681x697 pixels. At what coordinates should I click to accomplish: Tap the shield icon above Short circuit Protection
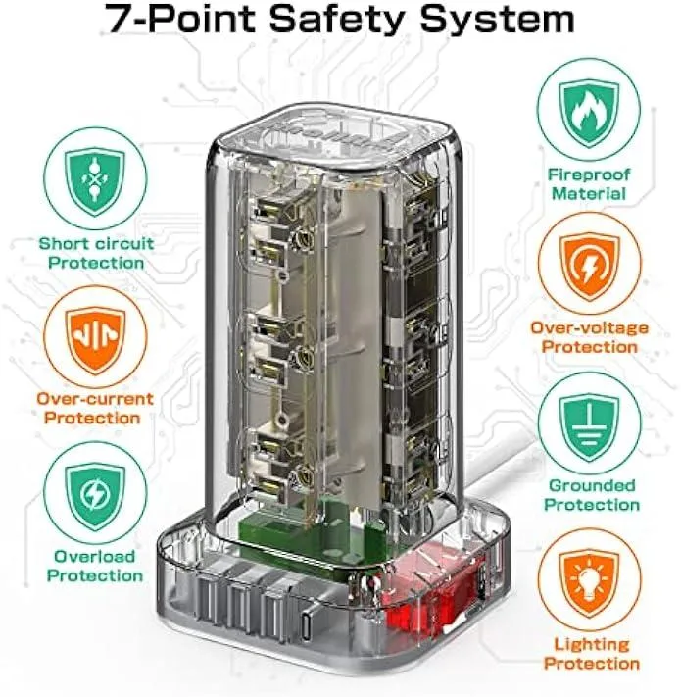click(x=95, y=181)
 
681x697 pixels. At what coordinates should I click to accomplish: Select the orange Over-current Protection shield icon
click(x=95, y=340)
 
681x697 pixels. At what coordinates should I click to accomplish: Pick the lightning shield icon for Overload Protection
click(x=95, y=496)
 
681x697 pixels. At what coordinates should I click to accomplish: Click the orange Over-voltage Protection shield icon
click(x=590, y=268)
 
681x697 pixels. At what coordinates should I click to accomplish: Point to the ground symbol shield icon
click(x=590, y=427)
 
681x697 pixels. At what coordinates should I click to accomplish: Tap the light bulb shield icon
click(x=590, y=584)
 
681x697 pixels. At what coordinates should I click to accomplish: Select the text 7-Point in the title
click(x=179, y=19)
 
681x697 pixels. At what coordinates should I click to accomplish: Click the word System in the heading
click(x=497, y=19)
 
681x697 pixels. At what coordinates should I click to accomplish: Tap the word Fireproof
click(x=589, y=174)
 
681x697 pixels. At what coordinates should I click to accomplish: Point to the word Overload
click(x=95, y=556)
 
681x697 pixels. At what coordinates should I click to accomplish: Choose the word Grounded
click(x=592, y=485)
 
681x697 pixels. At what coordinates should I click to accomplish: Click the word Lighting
click(x=592, y=645)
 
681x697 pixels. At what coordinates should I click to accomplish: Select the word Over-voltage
click(x=590, y=328)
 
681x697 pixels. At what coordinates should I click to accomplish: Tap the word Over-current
click(x=95, y=399)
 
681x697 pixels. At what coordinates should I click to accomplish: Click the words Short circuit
click(x=96, y=243)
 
